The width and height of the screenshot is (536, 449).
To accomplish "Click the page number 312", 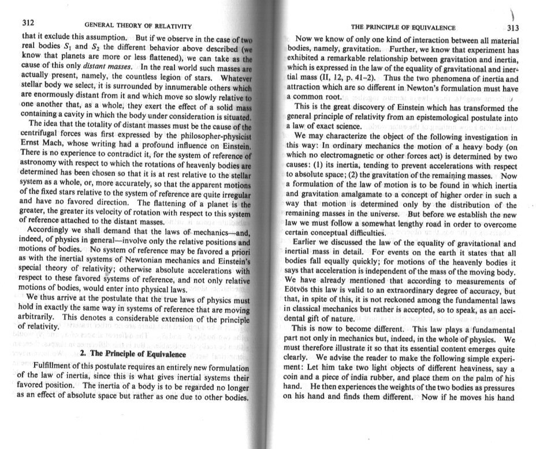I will (x=29, y=24).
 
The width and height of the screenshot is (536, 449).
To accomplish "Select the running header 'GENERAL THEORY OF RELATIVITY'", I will (x=138, y=27).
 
